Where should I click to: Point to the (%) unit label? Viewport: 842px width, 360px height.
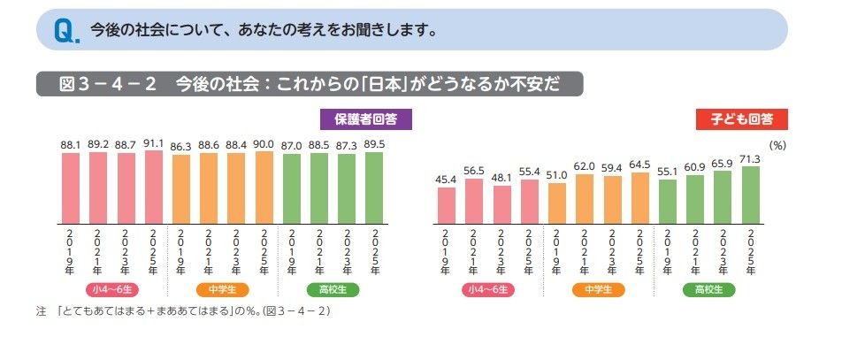[x=777, y=142]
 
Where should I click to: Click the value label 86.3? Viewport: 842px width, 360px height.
[x=181, y=144]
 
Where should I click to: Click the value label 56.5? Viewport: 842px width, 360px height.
[x=474, y=170]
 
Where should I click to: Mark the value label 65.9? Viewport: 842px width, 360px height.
[x=723, y=162]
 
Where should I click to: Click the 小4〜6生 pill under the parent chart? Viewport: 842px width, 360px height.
[x=111, y=289]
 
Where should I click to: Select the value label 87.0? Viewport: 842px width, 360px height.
[x=292, y=144]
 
